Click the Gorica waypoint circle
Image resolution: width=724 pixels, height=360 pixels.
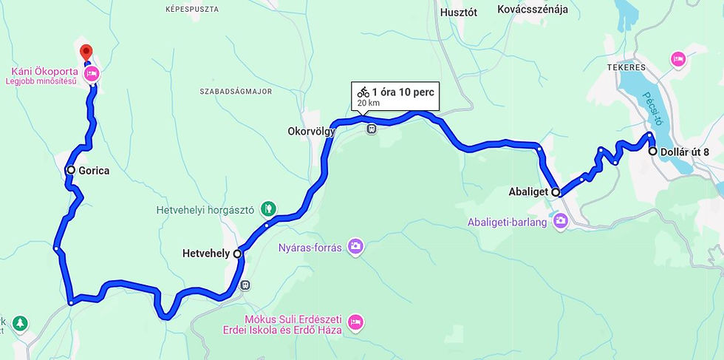[x=71, y=170]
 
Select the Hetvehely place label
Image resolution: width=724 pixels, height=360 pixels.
[x=205, y=254]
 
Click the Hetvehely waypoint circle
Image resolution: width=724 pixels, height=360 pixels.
[x=237, y=254]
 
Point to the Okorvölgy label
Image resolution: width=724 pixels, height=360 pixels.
[x=311, y=132]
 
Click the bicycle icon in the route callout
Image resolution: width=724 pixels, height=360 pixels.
[x=363, y=92]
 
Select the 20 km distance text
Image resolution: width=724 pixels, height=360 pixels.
[x=368, y=103]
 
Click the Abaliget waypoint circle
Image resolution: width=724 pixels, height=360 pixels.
[x=556, y=191]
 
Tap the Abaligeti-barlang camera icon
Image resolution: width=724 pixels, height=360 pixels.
[x=561, y=220]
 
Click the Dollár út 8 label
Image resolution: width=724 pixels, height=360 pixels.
[x=685, y=152]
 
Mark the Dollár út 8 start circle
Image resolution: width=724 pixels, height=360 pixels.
[x=652, y=151]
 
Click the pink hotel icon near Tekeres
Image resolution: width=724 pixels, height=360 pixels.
[x=677, y=58]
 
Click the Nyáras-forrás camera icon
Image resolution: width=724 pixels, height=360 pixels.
[x=356, y=245]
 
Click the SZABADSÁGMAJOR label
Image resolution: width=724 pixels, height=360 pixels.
[x=236, y=92]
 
